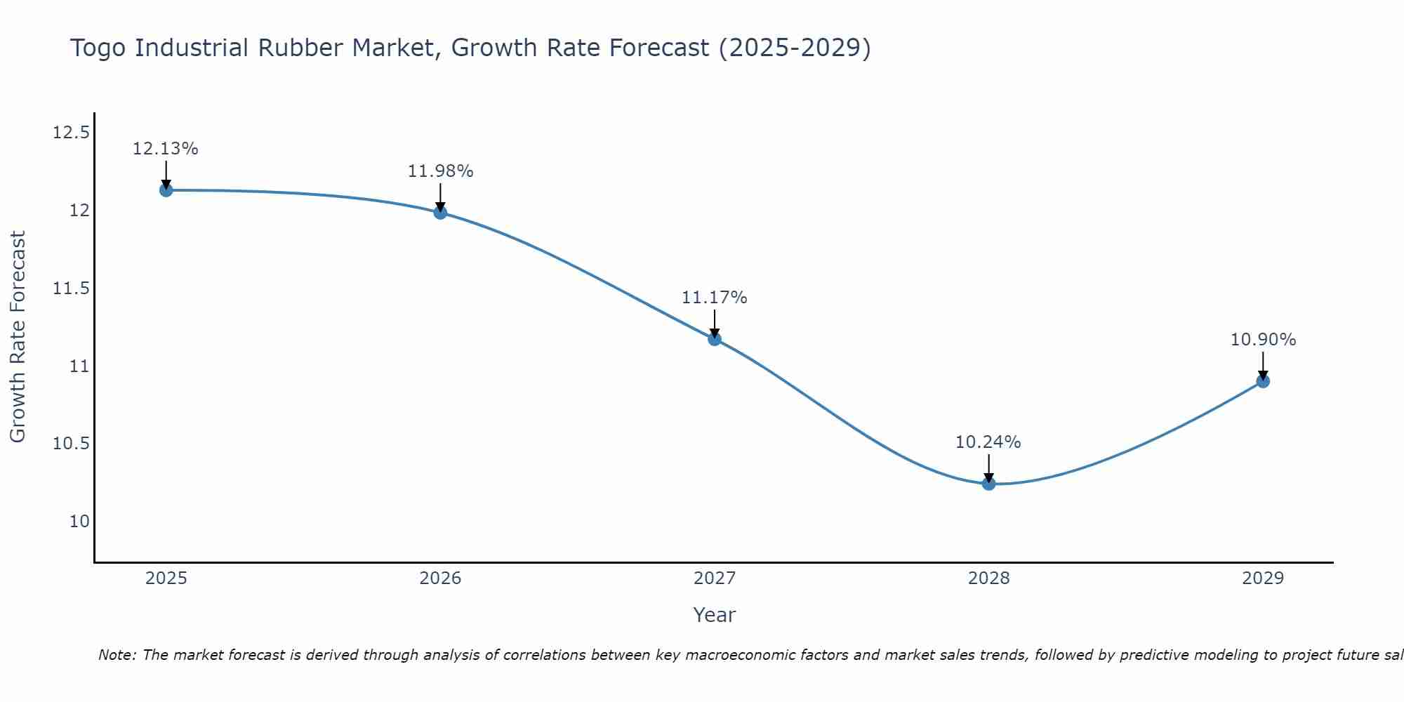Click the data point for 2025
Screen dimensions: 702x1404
[166, 190]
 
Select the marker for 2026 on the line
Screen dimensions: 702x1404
[440, 212]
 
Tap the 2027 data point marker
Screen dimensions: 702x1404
[715, 339]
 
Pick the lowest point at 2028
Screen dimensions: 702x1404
[988, 483]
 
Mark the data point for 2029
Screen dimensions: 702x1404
[1263, 381]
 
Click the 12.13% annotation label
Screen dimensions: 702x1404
[166, 149]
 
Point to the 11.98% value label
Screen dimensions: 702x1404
[440, 171]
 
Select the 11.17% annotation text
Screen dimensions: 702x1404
[715, 298]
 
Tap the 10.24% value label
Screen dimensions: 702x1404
[988, 442]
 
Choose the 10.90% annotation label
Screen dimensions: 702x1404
[1263, 340]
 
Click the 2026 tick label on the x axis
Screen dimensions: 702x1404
[440, 578]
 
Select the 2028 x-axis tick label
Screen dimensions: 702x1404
[988, 578]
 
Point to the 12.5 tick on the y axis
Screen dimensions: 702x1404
[71, 133]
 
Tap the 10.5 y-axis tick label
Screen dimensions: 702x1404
[71, 444]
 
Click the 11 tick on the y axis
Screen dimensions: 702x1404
[79, 366]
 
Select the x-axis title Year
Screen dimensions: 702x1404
[714, 615]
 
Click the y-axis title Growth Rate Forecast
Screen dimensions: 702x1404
[18, 337]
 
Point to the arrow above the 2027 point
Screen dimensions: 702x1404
[715, 323]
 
